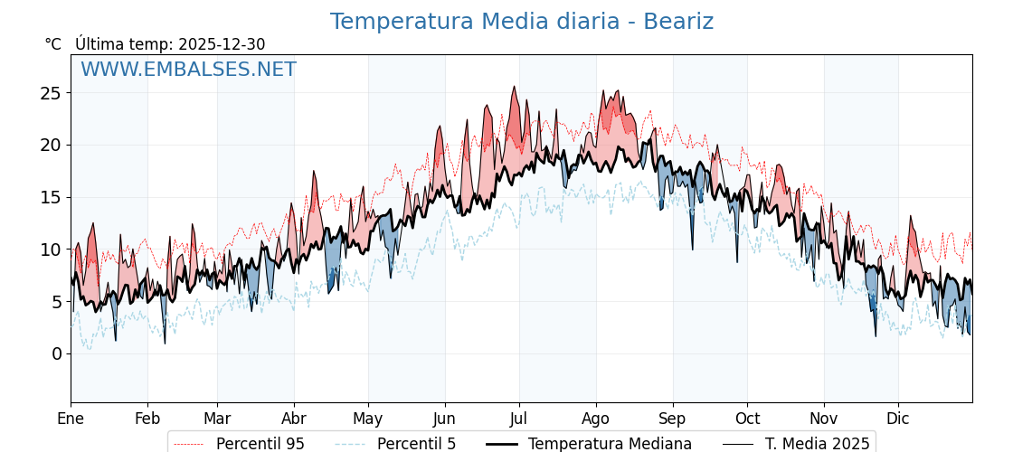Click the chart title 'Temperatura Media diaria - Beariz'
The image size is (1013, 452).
[x=521, y=22]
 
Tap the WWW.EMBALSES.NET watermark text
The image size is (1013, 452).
[x=188, y=70]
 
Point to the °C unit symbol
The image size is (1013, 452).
[x=53, y=44]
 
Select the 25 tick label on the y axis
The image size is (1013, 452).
[x=51, y=93]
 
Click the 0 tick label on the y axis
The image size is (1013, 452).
[x=56, y=353]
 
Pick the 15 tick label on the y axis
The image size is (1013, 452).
[x=51, y=197]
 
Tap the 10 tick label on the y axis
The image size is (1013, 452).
[x=51, y=250]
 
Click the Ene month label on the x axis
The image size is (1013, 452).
[x=71, y=419]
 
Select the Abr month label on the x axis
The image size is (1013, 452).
[x=294, y=419]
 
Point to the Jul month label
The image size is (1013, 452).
[x=519, y=419]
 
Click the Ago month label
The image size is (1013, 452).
[x=596, y=419]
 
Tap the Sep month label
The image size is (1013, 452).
[x=673, y=419]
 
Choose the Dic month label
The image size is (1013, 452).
[x=898, y=419]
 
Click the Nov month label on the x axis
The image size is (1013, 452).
[x=824, y=419]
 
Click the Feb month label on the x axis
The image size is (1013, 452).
[x=147, y=419]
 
